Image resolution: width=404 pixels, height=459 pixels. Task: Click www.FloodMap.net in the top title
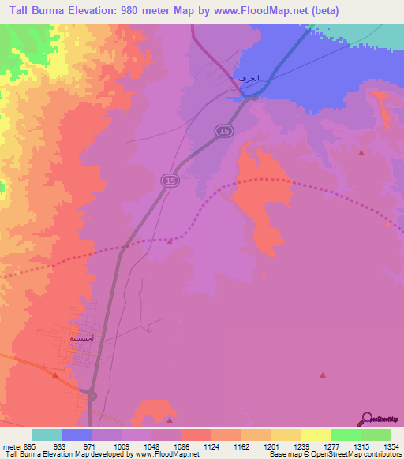coord(284,11)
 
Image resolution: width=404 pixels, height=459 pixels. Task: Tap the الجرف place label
coord(248,80)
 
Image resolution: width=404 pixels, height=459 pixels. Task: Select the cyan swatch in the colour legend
coord(47,435)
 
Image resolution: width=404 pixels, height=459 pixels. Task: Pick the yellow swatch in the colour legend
coord(316,435)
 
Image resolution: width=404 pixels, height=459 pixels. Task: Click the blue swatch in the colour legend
coord(77,435)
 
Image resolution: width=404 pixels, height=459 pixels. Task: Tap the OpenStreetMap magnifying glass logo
coord(366,419)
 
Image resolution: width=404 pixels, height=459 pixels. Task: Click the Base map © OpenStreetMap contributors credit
coord(334,454)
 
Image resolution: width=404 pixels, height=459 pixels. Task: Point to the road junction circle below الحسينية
coord(92,394)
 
